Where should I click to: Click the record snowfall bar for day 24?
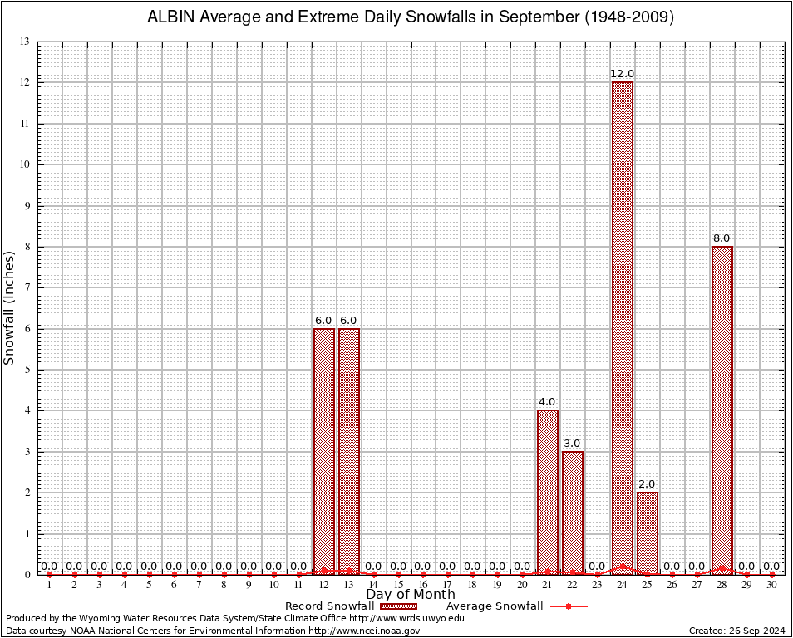point(623,328)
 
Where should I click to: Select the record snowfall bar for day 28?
point(722,410)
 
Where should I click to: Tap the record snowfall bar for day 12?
point(324,451)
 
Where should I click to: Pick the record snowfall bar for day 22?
point(573,513)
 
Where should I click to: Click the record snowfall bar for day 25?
point(648,532)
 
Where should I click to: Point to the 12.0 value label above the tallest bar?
point(623,74)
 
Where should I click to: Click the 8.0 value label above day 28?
point(722,238)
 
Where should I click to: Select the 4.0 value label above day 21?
point(547,402)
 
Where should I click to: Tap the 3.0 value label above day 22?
point(572,444)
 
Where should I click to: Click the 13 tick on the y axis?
point(25,42)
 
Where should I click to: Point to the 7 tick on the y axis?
point(27,287)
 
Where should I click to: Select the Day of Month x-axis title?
point(411,595)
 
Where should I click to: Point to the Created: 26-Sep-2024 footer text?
point(736,631)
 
